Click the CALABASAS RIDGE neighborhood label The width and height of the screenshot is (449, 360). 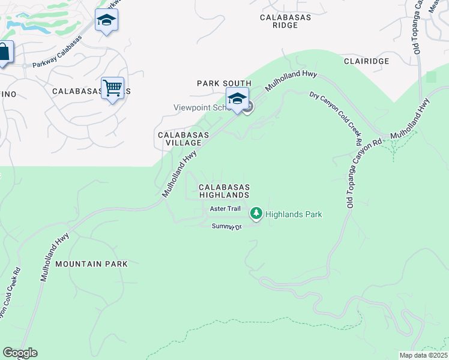(285, 22)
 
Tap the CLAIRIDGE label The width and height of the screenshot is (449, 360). (366, 61)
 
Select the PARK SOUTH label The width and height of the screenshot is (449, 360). (224, 83)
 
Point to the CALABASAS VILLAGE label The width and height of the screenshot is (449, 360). (183, 139)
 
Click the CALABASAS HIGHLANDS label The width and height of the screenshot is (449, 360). (224, 191)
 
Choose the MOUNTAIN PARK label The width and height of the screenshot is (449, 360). (91, 263)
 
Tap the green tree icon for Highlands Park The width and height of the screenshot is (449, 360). (256, 213)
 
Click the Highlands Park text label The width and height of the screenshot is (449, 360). (294, 214)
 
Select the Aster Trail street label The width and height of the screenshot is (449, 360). (225, 209)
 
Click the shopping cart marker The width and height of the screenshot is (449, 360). (112, 89)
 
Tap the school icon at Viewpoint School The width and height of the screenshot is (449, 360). (237, 98)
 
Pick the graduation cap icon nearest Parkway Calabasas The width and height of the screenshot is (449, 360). (106, 20)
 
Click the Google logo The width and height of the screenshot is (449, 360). (20, 353)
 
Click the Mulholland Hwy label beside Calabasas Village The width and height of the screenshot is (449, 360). (179, 175)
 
